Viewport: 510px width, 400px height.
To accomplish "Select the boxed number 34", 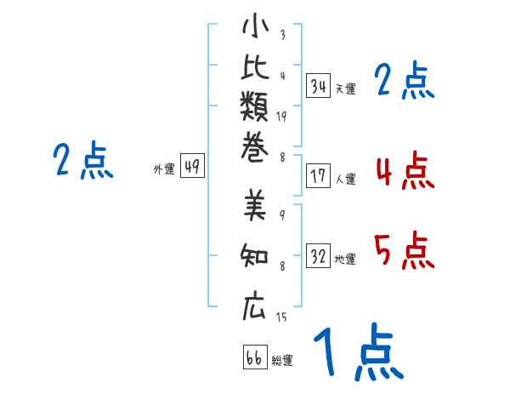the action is [x=319, y=85].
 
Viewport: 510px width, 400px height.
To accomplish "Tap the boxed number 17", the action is [x=319, y=176].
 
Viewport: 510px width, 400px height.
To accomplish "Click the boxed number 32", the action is [x=319, y=255].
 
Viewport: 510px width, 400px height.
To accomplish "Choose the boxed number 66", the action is [x=253, y=357].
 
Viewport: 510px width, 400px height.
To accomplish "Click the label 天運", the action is [x=345, y=89].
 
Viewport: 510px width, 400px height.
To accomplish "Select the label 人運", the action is [x=345, y=179].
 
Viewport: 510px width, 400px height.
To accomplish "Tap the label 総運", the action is [x=282, y=361].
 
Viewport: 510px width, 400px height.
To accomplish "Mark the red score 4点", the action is [x=405, y=170].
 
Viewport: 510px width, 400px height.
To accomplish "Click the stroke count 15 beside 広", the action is [x=281, y=317].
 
